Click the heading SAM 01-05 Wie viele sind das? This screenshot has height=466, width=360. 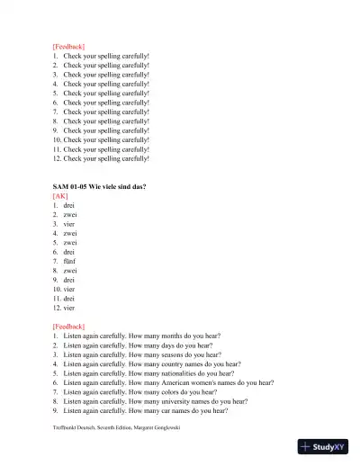click(100, 186)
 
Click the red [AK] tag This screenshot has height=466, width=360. click(61, 195)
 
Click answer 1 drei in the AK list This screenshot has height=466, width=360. click(69, 205)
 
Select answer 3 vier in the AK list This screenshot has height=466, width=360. click(69, 224)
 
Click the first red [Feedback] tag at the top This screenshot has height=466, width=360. click(68, 46)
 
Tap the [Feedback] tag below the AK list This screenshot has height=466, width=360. click(68, 327)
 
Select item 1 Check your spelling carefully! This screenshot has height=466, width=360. click(105, 56)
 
